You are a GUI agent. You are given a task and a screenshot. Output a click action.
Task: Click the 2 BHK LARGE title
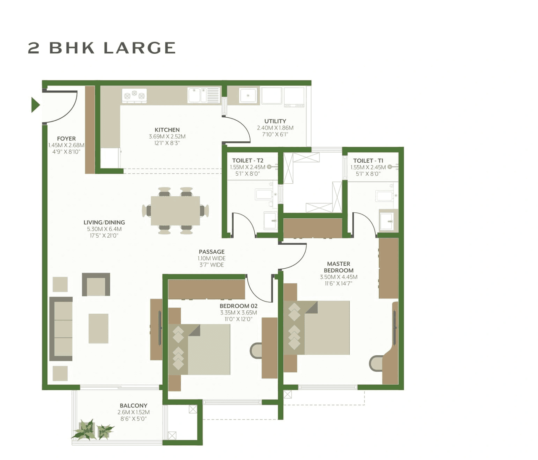(x=102, y=48)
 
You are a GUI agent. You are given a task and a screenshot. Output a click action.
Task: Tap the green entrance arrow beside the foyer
(x=35, y=105)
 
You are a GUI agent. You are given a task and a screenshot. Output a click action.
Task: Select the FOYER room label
(x=66, y=138)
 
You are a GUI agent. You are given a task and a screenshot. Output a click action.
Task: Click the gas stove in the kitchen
(x=134, y=95)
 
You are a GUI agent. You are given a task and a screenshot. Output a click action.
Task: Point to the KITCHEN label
(x=167, y=130)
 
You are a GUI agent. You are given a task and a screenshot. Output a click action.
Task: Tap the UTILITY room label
(x=275, y=121)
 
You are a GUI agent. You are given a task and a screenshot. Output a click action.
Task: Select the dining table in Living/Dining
(x=175, y=211)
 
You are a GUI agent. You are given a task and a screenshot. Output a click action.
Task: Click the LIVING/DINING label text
(x=104, y=222)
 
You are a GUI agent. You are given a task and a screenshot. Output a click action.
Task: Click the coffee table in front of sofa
(x=98, y=328)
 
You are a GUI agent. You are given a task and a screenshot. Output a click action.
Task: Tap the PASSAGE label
(x=211, y=252)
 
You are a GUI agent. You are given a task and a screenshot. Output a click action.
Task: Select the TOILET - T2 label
(x=248, y=161)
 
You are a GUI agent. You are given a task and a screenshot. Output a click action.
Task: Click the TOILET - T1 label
(x=368, y=161)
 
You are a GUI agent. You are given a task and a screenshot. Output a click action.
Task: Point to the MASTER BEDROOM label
(x=338, y=267)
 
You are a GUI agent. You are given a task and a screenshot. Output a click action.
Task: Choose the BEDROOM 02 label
(x=238, y=306)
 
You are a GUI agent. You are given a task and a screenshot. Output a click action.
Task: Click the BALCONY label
(x=133, y=406)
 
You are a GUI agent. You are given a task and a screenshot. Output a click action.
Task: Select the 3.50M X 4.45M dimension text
(x=338, y=277)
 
